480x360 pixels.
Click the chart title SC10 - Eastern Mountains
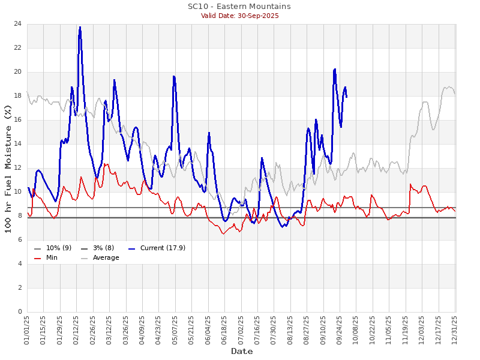pos(239,7)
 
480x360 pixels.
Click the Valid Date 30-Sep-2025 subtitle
pos(239,16)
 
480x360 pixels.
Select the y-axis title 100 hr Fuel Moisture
pos(8,167)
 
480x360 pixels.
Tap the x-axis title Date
pos(241,351)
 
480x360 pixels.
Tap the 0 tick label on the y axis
pos(19,312)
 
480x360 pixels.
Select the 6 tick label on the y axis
pos(19,240)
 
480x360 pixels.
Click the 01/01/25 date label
pos(27,329)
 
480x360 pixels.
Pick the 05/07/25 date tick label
pos(175,329)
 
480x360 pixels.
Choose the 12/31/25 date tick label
pos(455,329)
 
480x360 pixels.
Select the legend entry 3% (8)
pos(101,248)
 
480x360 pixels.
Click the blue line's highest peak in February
pos(80,27)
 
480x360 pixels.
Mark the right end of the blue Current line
pos(346,97)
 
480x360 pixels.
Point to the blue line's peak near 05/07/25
pos(173,76)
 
